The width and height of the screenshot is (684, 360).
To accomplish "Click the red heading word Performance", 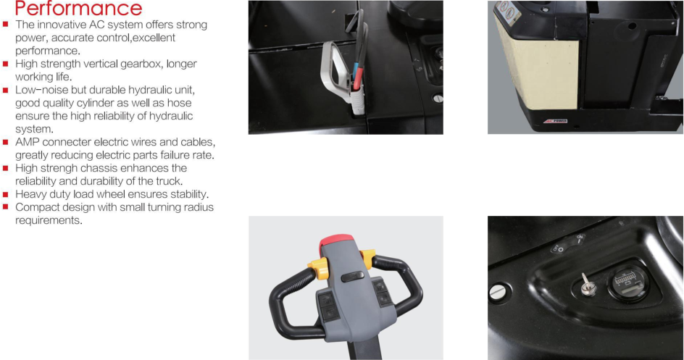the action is click(x=79, y=8).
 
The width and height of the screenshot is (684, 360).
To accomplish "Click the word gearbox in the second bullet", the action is click(x=141, y=64).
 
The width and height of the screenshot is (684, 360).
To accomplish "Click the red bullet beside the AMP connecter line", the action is click(x=6, y=142).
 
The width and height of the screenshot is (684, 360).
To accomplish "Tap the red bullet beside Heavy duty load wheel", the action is click(x=6, y=194).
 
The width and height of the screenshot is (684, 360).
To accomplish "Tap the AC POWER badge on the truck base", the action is click(x=555, y=121).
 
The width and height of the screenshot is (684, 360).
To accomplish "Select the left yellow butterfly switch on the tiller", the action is click(x=318, y=268).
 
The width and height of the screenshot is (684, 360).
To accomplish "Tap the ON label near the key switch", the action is click(x=580, y=239).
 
